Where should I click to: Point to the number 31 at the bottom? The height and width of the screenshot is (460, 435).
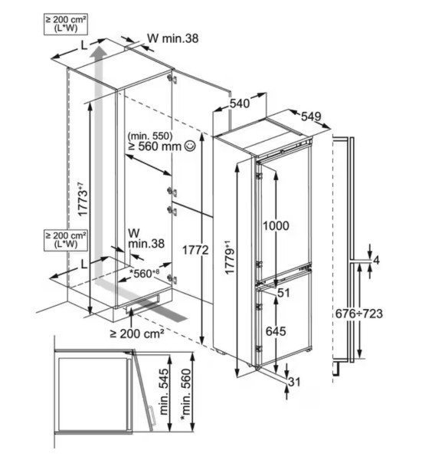pyautogui.click(x=295, y=381)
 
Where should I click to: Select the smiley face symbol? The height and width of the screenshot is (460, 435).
pyautogui.click(x=188, y=146)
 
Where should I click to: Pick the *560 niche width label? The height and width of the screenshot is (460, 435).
pyautogui.click(x=142, y=273)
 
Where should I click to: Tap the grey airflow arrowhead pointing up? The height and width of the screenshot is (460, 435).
pyautogui.click(x=97, y=55)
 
